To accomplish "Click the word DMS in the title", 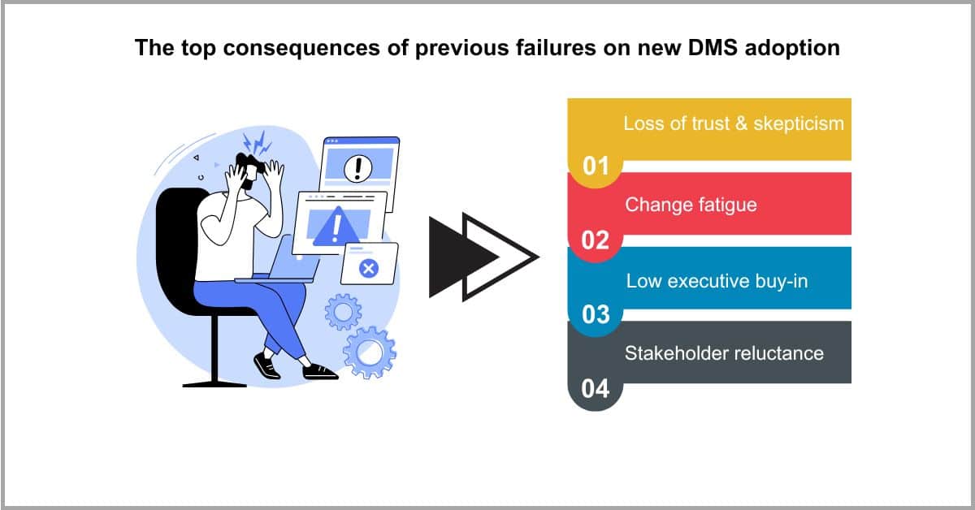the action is (712, 47).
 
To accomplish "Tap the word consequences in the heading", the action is (301, 49).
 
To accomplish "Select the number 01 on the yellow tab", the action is (596, 166).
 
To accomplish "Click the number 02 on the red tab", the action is (595, 240).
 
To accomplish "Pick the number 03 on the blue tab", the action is (596, 314).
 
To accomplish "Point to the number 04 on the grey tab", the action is (595, 389).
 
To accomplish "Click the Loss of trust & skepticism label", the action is (734, 123).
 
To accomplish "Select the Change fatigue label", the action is (691, 205).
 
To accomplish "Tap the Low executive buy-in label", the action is (717, 281).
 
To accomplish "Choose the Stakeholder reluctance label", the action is (724, 353).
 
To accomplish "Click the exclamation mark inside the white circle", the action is (358, 168).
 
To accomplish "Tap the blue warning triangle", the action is (336, 227).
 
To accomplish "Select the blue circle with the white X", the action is (369, 268).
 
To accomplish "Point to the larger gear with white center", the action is (370, 352).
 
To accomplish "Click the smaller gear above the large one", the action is (343, 312).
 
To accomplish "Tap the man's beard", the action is (248, 181).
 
